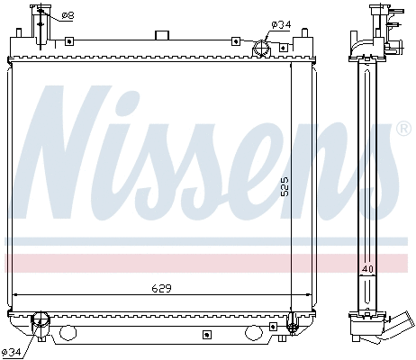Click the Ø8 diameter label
coord(68,15)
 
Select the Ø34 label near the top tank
coord(281,24)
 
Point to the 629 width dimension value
coord(160,288)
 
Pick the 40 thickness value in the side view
coord(367,270)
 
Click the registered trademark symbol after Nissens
coord(403,129)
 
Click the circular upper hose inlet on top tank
coord(262,49)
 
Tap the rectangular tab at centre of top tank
coord(162,36)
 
